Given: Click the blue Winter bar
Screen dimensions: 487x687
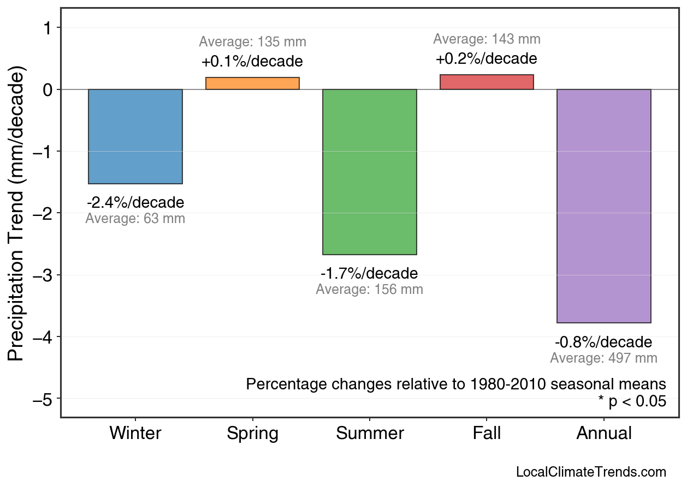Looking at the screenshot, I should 135,136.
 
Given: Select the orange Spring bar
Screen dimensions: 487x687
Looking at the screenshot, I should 252,83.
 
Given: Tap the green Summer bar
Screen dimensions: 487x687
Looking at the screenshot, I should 370,172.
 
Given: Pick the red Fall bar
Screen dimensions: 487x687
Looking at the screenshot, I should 487,82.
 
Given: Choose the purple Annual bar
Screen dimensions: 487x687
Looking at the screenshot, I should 603,206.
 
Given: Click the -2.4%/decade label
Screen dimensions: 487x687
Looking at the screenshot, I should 135,203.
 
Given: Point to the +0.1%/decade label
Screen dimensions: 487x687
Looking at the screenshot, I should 252,61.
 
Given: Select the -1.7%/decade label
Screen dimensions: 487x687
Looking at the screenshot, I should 369,273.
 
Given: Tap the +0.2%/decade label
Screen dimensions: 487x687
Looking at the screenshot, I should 486,58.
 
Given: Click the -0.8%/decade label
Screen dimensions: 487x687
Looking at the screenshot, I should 603,342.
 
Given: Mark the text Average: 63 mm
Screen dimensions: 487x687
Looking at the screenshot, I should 135,219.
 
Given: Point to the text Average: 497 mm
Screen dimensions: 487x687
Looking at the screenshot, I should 603,358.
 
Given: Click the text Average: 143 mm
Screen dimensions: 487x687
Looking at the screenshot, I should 487,39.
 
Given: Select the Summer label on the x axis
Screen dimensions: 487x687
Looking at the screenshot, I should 370,434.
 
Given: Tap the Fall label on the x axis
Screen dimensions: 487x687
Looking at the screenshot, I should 487,434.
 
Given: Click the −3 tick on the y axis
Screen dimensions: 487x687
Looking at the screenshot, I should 44,275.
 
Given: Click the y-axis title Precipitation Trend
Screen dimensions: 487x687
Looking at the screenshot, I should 17,214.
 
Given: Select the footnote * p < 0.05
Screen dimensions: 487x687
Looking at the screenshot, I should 632,401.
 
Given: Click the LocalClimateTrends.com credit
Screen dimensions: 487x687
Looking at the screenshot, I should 591,472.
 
